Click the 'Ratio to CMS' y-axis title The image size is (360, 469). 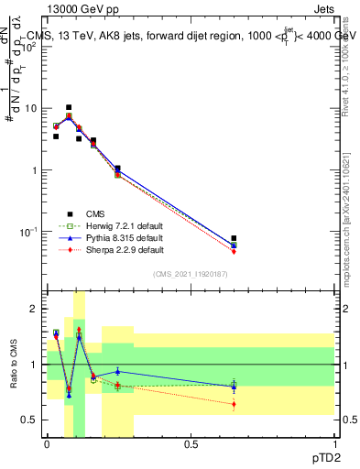[x=14, y=367]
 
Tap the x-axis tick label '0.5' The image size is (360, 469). [x=191, y=445]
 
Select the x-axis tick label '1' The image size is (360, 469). [x=334, y=445]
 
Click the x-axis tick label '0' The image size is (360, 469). [x=47, y=445]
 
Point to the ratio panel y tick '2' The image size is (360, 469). [x=35, y=310]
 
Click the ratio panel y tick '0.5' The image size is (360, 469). [x=30, y=420]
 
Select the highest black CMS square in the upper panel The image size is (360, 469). [x=69, y=107]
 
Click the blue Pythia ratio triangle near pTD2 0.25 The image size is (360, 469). [x=117, y=371]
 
